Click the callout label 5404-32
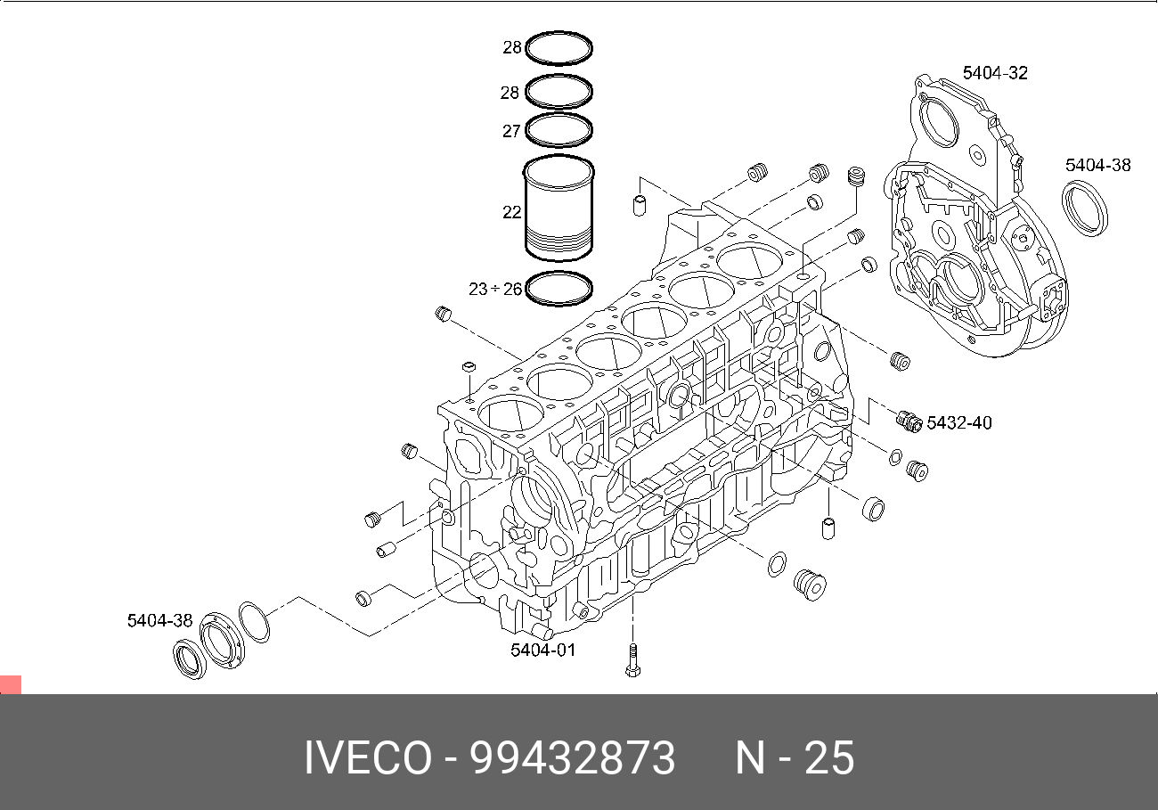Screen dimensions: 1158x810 pyautogui.click(x=995, y=73)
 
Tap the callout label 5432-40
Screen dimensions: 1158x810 pyautogui.click(x=959, y=422)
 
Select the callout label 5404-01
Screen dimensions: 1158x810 pyautogui.click(x=543, y=650)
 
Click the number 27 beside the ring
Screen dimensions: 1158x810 pyautogui.click(x=511, y=131)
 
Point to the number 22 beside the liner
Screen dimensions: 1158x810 pyautogui.click(x=511, y=212)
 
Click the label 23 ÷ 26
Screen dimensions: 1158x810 pyautogui.click(x=494, y=289)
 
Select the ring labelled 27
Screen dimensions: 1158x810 pyautogui.click(x=559, y=130)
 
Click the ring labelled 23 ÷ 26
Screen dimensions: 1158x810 pyautogui.click(x=559, y=288)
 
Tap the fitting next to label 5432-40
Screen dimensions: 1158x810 pyautogui.click(x=909, y=420)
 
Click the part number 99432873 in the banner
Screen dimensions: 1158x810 pyautogui.click(x=573, y=758)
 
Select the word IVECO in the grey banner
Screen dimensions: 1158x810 pyautogui.click(x=367, y=758)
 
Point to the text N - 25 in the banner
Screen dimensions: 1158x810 pyautogui.click(x=795, y=758)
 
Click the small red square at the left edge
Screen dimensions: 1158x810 pyautogui.click(x=10, y=684)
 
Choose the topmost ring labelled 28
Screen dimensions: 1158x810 pyautogui.click(x=559, y=48)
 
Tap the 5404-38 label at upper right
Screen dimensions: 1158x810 pyautogui.click(x=1098, y=165)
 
